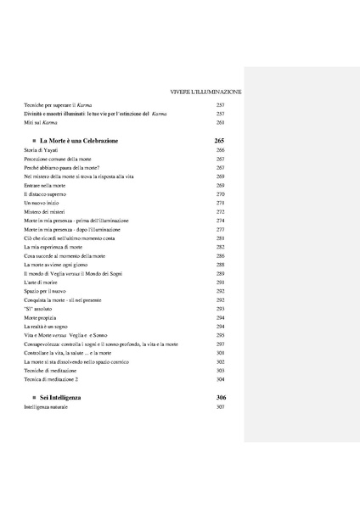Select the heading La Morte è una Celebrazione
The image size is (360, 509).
79,140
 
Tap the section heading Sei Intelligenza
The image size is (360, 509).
62,397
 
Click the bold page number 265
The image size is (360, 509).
220,140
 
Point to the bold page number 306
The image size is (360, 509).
220,397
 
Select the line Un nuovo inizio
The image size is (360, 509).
40,204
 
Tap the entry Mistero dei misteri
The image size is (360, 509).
42,212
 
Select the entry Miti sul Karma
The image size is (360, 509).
41,122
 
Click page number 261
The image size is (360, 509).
220,122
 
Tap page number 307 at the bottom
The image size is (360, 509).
220,408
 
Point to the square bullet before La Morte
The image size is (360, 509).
33,141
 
